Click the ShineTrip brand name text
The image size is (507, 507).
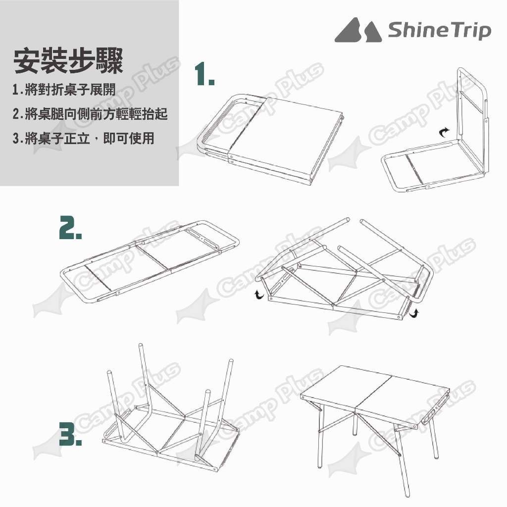tap(439, 30)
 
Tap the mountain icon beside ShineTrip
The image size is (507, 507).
tap(357, 30)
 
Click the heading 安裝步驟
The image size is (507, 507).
tap(68, 61)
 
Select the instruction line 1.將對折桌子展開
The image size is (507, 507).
tap(64, 89)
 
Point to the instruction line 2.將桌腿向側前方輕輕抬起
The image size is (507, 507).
tap(90, 114)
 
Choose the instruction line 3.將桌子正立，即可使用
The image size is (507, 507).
tap(83, 138)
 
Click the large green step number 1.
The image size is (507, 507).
tap(204, 75)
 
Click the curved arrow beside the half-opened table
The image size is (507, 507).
tap(444, 132)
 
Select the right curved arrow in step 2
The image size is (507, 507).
tap(414, 313)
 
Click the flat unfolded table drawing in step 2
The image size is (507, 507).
tap(150, 262)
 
